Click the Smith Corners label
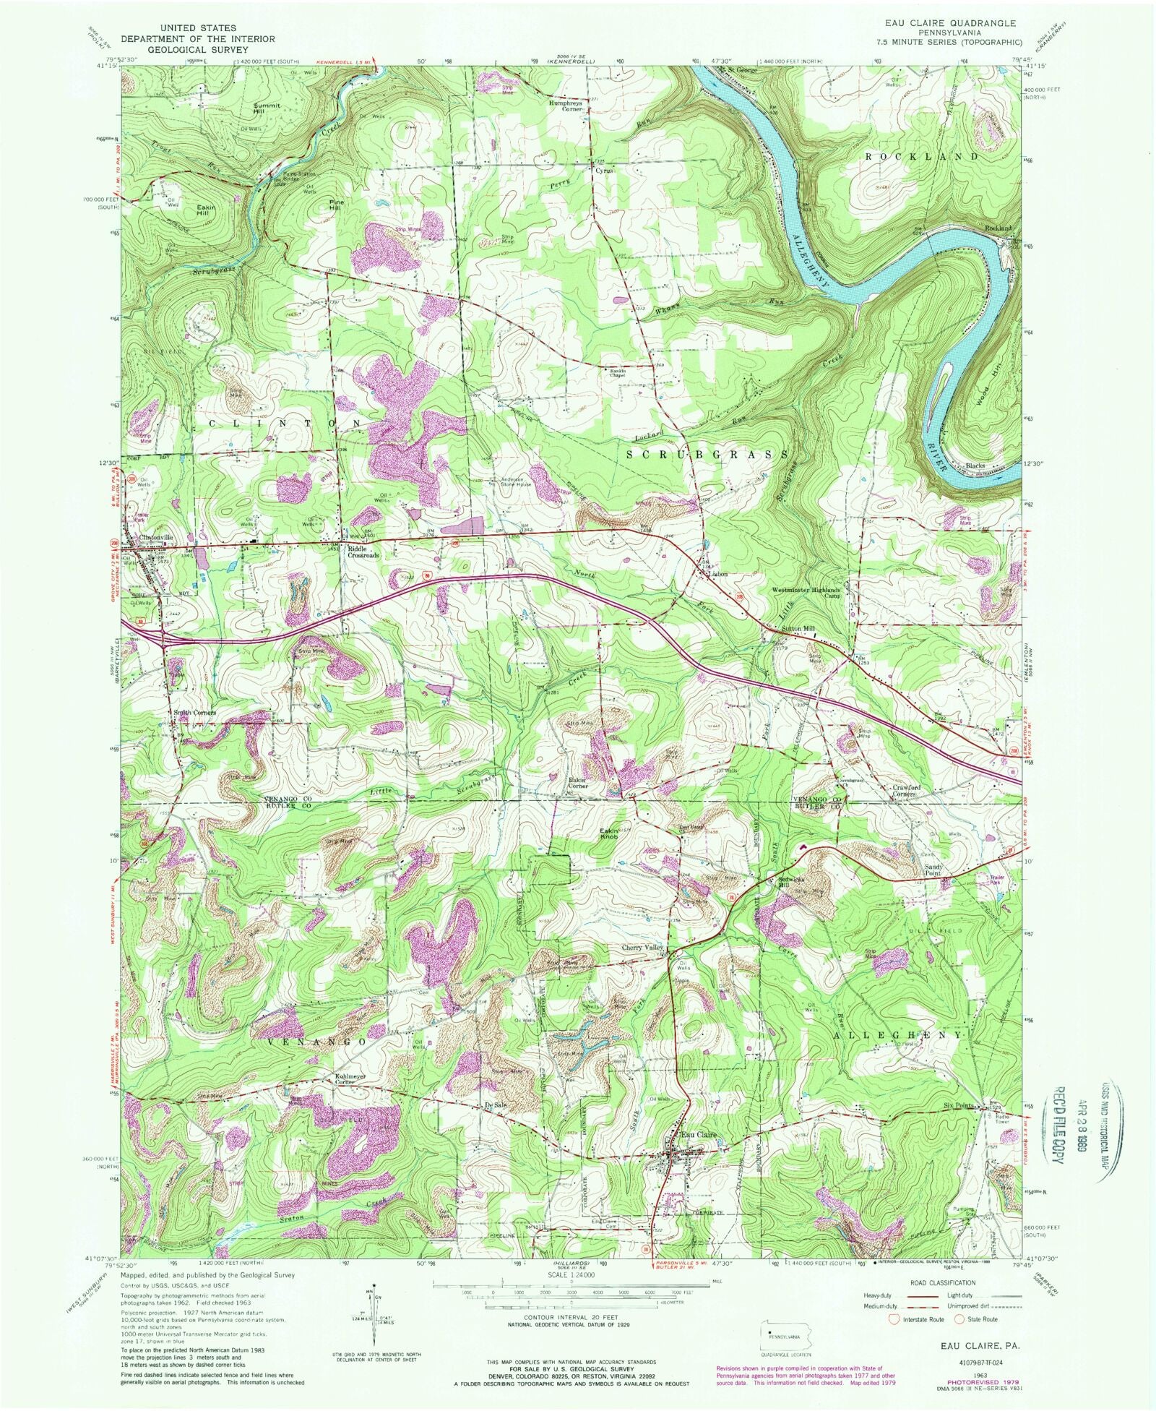click(194, 713)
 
